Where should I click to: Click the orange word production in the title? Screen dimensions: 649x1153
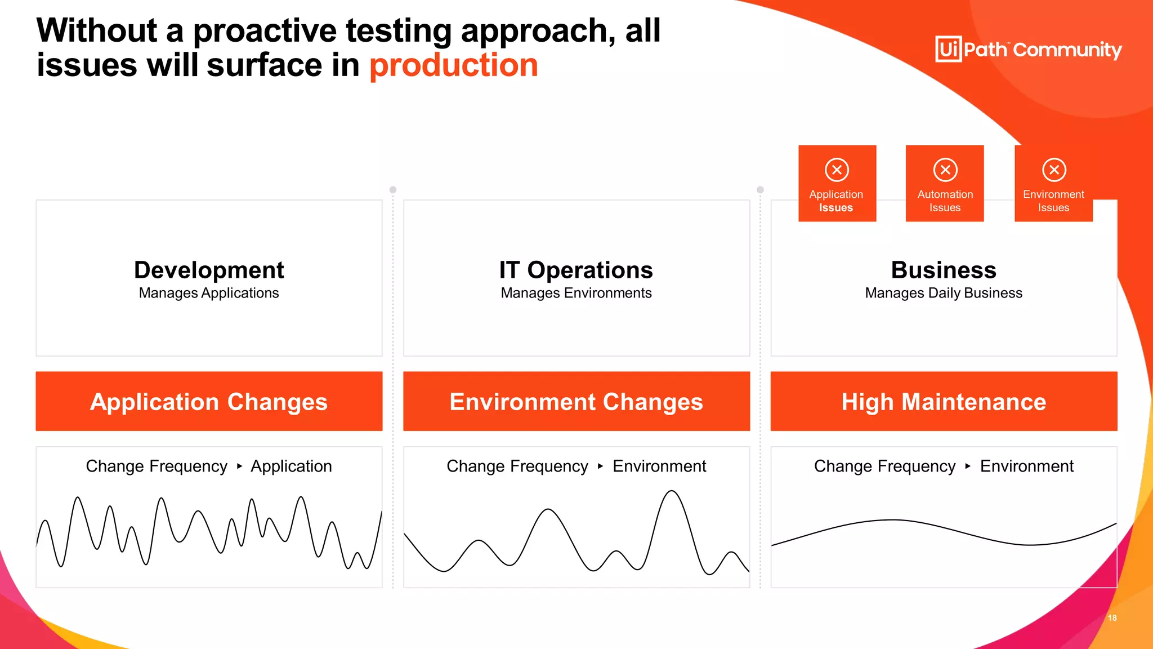click(454, 65)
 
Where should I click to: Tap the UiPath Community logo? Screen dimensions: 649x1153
click(1028, 50)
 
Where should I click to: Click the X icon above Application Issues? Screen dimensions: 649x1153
click(837, 170)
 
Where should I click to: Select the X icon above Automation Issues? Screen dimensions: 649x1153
click(945, 170)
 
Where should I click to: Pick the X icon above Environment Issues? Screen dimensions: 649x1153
click(1054, 170)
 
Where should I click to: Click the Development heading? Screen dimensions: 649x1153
click(209, 270)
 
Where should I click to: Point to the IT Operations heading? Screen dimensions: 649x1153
click(576, 270)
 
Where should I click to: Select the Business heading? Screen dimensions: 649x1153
click(944, 270)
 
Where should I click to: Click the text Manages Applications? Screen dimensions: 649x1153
click(209, 294)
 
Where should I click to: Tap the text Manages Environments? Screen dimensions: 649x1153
click(576, 294)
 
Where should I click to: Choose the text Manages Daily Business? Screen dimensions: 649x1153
click(944, 294)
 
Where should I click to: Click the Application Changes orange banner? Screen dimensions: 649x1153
click(209, 402)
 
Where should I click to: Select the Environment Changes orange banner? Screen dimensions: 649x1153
click(576, 402)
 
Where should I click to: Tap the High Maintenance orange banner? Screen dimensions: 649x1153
click(944, 402)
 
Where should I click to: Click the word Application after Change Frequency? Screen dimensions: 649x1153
click(291, 466)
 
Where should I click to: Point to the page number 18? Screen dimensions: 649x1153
click(1112, 618)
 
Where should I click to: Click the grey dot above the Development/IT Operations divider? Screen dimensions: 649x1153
click(393, 190)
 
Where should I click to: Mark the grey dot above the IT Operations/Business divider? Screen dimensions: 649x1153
click(760, 190)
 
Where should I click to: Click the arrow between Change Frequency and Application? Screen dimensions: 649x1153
click(239, 466)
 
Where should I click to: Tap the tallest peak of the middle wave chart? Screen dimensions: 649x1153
click(672, 492)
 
